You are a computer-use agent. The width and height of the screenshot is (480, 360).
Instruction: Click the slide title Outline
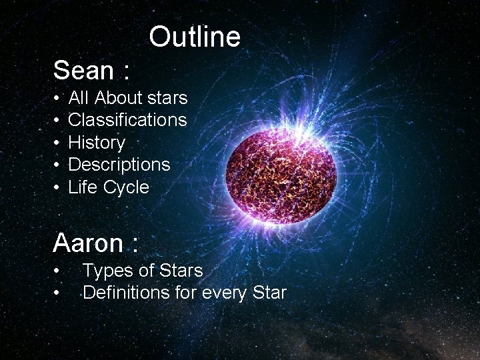[x=194, y=37]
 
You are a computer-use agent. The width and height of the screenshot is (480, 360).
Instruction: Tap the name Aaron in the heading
[x=88, y=243]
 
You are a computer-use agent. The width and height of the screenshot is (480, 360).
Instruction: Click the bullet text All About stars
[x=127, y=98]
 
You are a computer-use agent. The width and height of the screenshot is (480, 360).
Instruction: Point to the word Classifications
[x=127, y=120]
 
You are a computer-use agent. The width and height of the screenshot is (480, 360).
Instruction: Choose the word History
[x=97, y=143]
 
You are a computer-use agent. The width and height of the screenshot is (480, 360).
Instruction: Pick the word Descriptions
[x=119, y=165]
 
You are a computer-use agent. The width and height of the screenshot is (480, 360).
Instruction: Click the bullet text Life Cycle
[x=109, y=187]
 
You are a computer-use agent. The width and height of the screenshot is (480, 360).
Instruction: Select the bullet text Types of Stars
[x=142, y=271]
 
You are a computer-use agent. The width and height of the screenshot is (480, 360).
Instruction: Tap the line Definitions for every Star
[x=184, y=292]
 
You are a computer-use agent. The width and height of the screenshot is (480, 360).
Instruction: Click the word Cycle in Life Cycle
[x=126, y=187]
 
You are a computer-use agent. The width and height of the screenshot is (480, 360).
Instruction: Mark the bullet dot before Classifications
[x=57, y=121]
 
